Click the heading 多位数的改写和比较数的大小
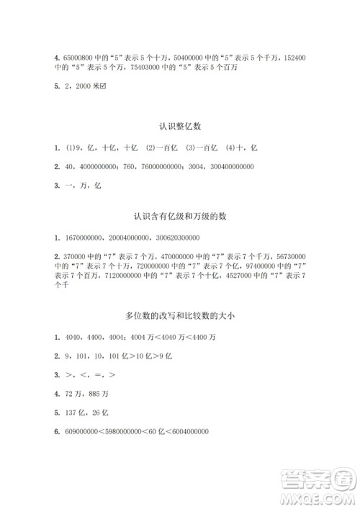(x=179, y=317)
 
